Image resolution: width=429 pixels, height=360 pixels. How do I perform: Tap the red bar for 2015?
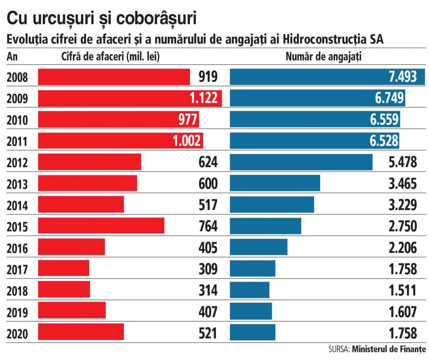(x=101, y=226)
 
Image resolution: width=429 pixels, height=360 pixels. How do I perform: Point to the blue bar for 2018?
(x=249, y=290)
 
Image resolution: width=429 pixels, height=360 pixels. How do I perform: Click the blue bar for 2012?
(x=301, y=162)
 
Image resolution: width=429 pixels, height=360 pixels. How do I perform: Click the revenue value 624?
(x=208, y=162)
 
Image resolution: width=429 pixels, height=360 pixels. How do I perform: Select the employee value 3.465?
(x=403, y=183)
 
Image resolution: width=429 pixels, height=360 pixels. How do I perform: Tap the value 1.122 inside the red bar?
(x=203, y=98)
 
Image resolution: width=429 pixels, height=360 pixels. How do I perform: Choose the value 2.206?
(x=403, y=247)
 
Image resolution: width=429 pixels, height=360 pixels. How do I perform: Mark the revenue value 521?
(x=208, y=333)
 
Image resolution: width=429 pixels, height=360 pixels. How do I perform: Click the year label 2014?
(x=17, y=205)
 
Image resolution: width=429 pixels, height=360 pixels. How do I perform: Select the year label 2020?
(x=17, y=333)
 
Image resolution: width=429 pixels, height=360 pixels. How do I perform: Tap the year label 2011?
(x=17, y=141)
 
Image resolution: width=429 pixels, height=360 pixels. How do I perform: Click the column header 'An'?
(x=12, y=57)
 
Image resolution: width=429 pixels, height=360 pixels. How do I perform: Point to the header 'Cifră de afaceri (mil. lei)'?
(x=110, y=57)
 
